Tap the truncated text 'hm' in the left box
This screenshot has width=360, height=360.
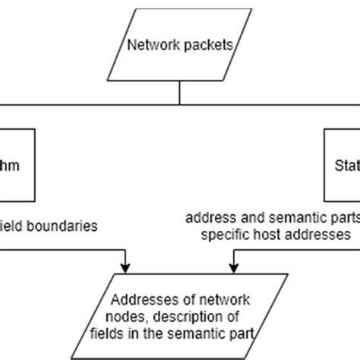click(21, 166)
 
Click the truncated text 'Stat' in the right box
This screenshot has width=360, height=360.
click(346, 166)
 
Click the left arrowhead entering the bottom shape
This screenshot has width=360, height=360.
click(125, 268)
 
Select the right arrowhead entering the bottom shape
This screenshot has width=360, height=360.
click(234, 268)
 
